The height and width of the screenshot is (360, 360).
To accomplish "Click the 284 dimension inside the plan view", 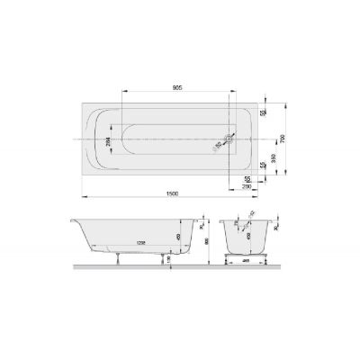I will (x=109, y=141).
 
